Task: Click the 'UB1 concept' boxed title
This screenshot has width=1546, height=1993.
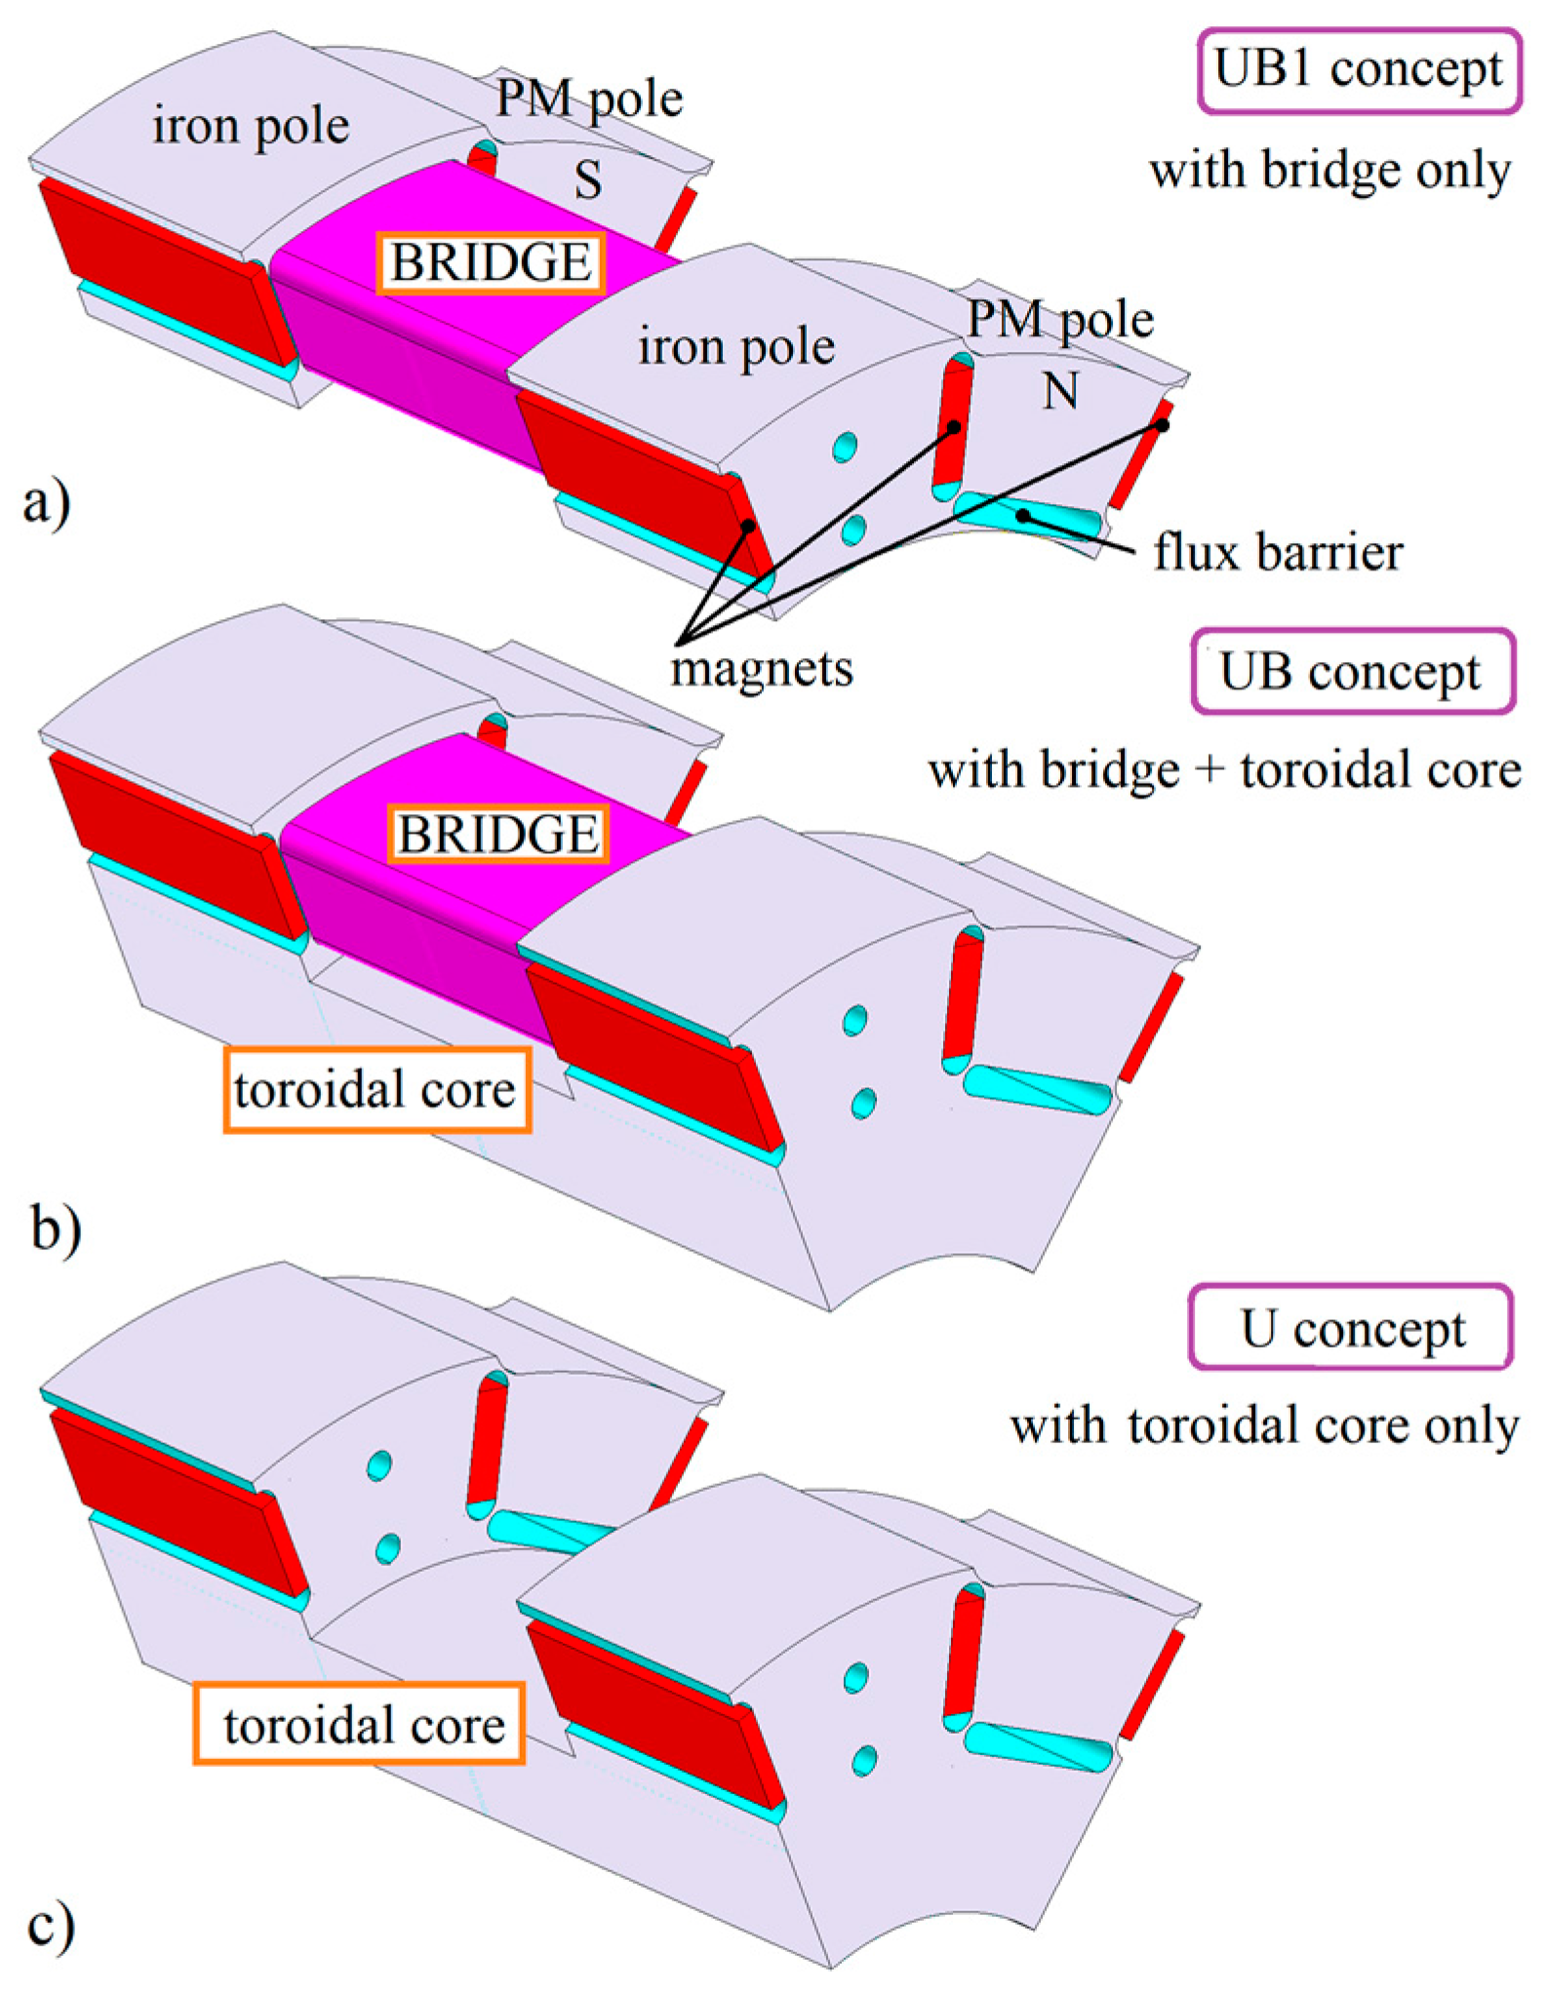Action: (1358, 70)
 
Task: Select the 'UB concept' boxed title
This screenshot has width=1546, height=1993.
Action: (1352, 672)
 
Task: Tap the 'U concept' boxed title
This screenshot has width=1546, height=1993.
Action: (1351, 1328)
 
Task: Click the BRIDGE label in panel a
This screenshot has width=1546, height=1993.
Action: (491, 262)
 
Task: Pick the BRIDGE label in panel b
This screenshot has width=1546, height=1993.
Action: (498, 835)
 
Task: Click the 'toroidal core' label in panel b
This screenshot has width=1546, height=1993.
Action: (377, 1089)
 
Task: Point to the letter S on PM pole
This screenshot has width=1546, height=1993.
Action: (587, 180)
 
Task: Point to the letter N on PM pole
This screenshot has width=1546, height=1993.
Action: (1060, 392)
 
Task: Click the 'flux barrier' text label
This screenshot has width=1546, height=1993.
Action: (1278, 553)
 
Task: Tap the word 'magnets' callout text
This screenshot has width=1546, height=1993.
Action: (762, 669)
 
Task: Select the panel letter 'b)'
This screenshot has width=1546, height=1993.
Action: (56, 1228)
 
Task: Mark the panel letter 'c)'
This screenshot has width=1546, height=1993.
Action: (51, 1927)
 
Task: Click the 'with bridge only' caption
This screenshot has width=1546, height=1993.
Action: (1329, 171)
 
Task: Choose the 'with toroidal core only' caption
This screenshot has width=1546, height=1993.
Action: (1263, 1426)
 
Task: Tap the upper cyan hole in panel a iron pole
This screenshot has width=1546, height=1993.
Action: (845, 448)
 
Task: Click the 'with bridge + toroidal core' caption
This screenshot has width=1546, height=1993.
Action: (1224, 770)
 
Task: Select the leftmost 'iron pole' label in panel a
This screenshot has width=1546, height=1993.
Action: (251, 127)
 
